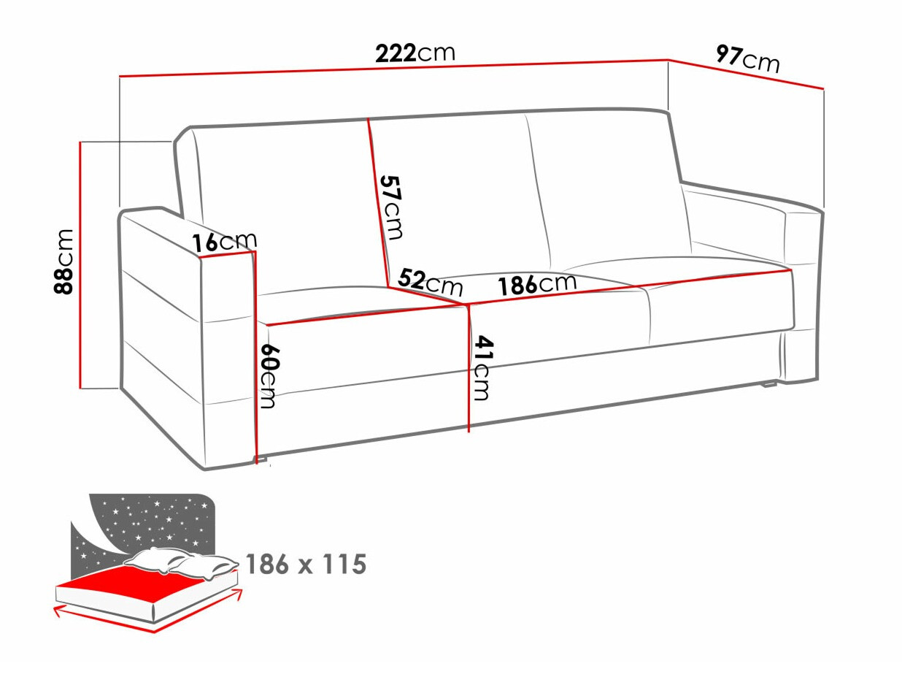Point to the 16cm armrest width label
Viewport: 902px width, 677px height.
pyautogui.click(x=225, y=241)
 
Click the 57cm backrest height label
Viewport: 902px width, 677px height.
pyautogui.click(x=391, y=207)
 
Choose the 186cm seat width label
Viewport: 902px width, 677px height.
pyautogui.click(x=537, y=283)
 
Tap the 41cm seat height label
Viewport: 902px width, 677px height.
pyautogui.click(x=481, y=367)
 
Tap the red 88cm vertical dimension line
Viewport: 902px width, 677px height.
pyautogui.click(x=80, y=263)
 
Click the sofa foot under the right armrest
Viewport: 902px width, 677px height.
pyautogui.click(x=768, y=383)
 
